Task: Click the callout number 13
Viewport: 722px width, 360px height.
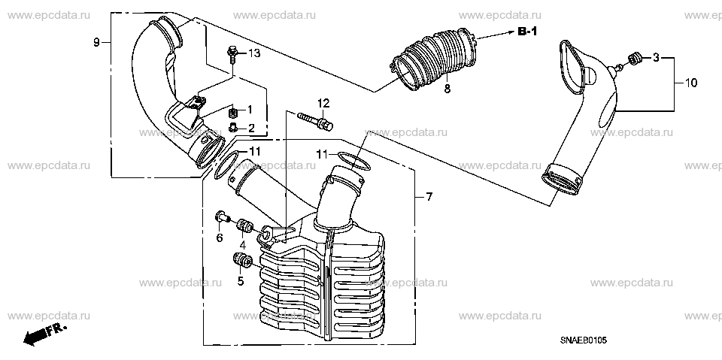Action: click(255, 53)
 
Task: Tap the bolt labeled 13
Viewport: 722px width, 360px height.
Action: click(232, 54)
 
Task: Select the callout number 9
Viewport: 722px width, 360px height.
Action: click(96, 42)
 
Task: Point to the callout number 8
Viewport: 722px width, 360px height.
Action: click(447, 89)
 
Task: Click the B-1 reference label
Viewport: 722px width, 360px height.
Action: click(528, 32)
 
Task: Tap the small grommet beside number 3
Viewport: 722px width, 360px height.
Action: click(635, 59)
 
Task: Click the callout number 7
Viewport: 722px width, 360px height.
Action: click(429, 197)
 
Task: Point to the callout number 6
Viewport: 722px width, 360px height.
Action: click(220, 238)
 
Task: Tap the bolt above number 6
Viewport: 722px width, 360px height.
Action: click(222, 216)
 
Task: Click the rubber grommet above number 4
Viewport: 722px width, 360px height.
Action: click(244, 225)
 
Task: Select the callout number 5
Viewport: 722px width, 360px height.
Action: click(241, 280)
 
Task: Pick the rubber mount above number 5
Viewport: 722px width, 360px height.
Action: click(242, 260)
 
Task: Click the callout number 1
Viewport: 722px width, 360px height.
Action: click(250, 110)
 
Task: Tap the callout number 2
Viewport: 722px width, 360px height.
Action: click(251, 129)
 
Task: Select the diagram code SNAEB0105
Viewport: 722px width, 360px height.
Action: click(584, 340)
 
